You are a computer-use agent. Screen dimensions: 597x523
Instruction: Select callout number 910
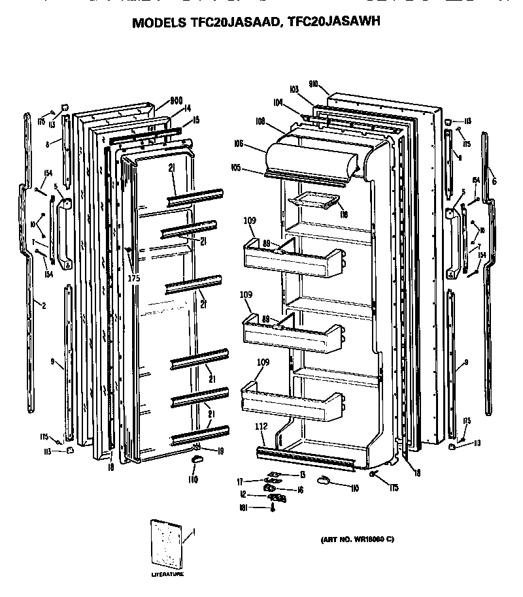pyautogui.click(x=313, y=84)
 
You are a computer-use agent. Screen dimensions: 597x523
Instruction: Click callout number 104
pyautogui.click(x=278, y=103)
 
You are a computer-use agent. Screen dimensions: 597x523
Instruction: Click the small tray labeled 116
pyautogui.click(x=316, y=201)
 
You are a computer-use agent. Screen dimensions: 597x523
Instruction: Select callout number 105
pyautogui.click(x=236, y=168)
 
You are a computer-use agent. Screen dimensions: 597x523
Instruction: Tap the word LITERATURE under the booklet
pyautogui.click(x=167, y=575)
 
